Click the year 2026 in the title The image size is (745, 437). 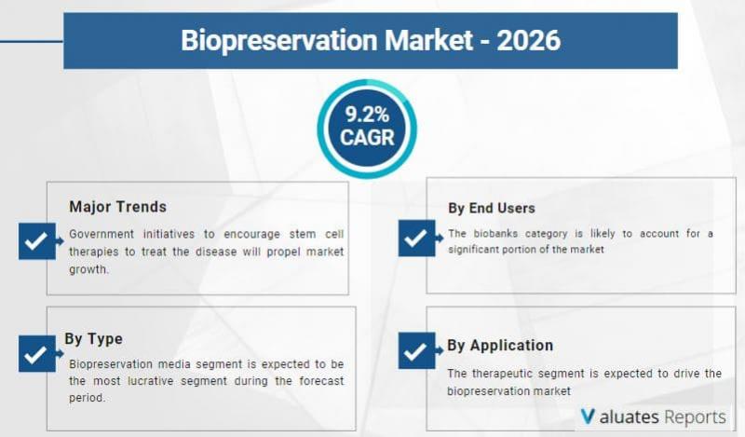point(529,40)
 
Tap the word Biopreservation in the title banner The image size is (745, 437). point(279,41)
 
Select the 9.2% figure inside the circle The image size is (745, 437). point(367,115)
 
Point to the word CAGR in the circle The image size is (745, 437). point(367,138)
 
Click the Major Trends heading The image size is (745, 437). point(118,207)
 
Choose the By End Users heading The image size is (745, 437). point(492,209)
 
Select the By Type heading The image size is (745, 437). point(94,339)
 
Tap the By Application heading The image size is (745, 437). point(500,346)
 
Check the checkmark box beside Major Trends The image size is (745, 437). point(37,241)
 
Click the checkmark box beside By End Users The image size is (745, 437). point(416,239)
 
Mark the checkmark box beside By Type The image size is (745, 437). point(37,354)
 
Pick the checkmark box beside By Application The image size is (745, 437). point(416,351)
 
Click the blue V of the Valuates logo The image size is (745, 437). point(588,417)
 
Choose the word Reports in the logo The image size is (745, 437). point(695,417)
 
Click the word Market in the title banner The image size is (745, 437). point(428,40)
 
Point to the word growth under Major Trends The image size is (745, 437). point(88,269)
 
